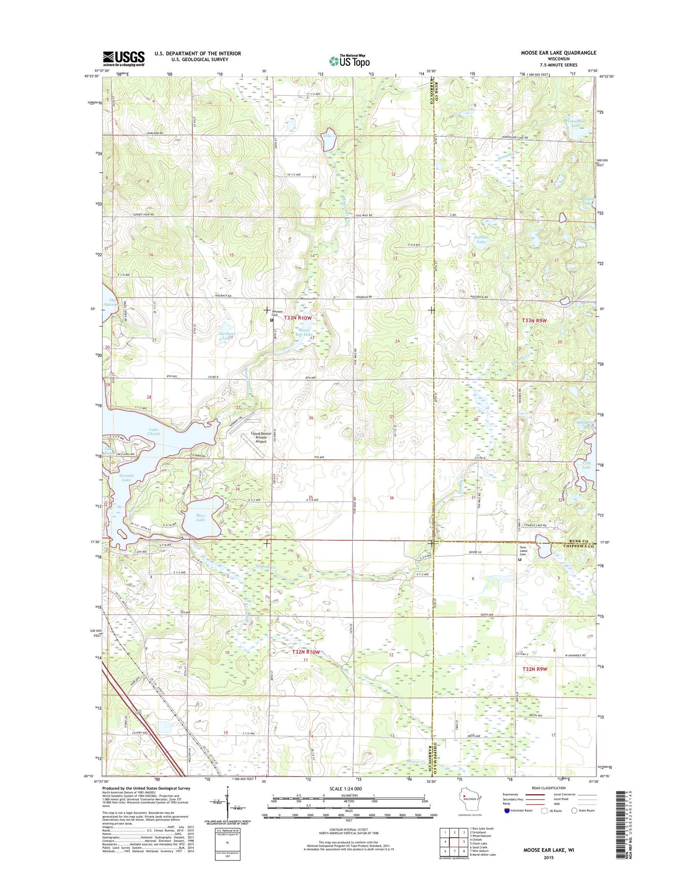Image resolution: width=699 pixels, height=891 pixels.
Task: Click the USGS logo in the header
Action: tap(123, 59)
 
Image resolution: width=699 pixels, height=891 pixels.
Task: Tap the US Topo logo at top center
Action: tap(349, 60)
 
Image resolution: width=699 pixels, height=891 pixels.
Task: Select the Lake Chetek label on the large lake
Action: tap(154, 431)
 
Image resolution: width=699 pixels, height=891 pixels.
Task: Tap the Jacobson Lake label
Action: tap(227, 336)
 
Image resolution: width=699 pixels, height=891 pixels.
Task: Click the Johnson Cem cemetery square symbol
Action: tap(271, 320)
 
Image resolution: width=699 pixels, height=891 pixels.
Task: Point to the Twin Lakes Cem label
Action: tap(526, 551)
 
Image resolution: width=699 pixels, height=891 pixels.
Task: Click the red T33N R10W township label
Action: tap(297, 318)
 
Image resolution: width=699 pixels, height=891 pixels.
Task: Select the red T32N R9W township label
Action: tap(535, 669)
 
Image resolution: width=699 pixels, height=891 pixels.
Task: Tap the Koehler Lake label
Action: tap(481, 239)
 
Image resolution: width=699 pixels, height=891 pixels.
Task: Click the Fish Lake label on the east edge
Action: tap(586, 465)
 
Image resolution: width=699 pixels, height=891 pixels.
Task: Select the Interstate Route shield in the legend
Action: tap(507, 810)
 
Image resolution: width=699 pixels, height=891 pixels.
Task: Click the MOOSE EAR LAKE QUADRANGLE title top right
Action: tap(558, 53)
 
